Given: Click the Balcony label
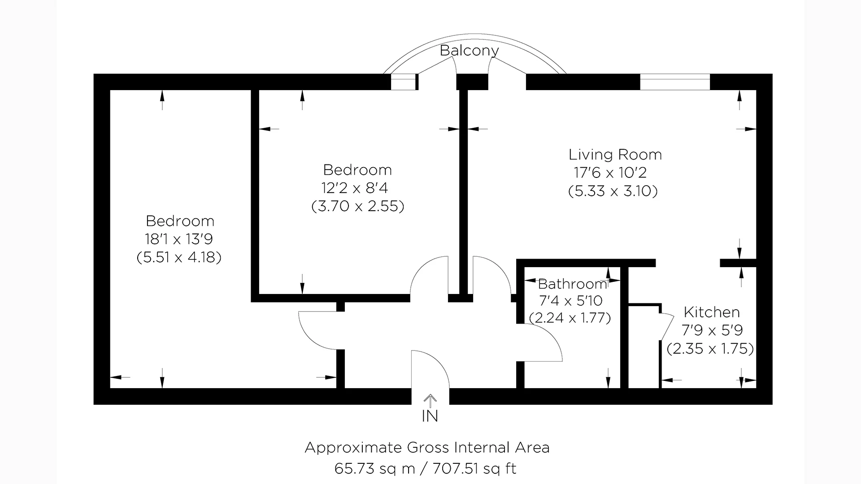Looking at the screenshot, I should pos(469,51).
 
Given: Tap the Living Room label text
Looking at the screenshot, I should pos(615,155).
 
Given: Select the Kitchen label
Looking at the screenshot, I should pos(712,312).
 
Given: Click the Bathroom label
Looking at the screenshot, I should pos(572,284).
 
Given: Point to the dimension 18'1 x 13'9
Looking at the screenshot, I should pos(178,239).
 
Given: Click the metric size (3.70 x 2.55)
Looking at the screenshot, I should pos(358,206).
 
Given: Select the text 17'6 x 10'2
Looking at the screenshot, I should pos(610,173).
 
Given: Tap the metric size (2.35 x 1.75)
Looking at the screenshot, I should pos(710,349).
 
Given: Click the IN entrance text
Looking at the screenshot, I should pos(430,416).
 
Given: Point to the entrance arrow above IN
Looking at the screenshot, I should pos(430,400).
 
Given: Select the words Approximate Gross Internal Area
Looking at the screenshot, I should pos(427,447).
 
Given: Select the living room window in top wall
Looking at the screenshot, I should pos(674,82).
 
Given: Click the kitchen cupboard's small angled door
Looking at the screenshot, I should pos(667,327).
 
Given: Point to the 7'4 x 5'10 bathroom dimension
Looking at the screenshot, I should pos(571,301).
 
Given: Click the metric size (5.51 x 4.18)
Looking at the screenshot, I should pos(179,258).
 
